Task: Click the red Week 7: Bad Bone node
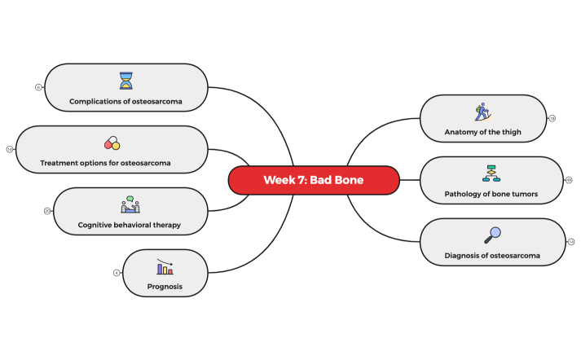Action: [314, 180]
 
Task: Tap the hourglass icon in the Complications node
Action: [125, 80]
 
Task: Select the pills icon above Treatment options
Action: [112, 143]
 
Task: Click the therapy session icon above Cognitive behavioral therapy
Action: [130, 204]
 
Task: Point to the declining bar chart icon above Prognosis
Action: [165, 267]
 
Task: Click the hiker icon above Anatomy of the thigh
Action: [482, 112]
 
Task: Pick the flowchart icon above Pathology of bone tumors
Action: [491, 173]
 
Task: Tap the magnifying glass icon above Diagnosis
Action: [492, 235]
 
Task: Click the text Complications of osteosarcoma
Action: [125, 102]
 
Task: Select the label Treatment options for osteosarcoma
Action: [106, 163]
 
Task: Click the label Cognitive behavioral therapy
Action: [130, 225]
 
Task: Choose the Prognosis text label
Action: [165, 287]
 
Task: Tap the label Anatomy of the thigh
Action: [482, 132]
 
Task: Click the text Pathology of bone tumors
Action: [491, 194]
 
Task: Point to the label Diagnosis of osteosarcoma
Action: [492, 256]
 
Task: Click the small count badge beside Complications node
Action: [38, 87]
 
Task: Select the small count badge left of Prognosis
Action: [117, 273]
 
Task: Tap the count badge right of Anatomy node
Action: [552, 118]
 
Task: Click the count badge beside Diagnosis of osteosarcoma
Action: [571, 242]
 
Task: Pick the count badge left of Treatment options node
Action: [10, 149]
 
